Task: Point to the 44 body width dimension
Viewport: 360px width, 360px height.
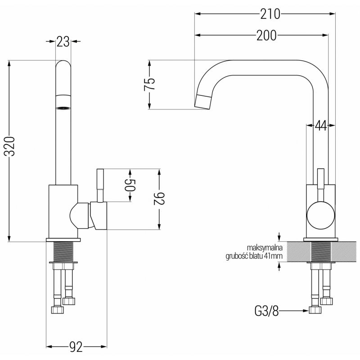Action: [320, 126]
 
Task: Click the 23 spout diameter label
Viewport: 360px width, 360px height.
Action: [63, 42]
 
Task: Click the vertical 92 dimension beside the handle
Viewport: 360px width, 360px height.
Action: [159, 199]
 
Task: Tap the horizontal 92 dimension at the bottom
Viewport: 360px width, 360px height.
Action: [77, 347]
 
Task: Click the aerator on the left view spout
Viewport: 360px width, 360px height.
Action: [63, 108]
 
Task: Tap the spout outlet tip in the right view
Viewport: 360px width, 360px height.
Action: [203, 102]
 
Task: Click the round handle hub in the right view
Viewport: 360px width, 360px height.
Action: [320, 216]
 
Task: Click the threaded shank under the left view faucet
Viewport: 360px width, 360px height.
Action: [63, 252]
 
